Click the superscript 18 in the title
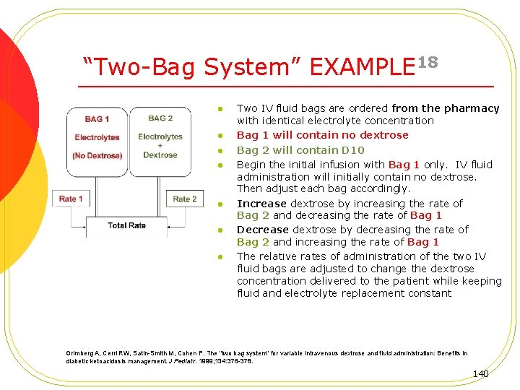tap(428, 61)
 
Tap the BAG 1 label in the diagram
tap(97, 119)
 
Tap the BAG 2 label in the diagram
tap(160, 118)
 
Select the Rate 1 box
tap(71, 199)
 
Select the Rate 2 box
tap(184, 199)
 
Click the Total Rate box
tap(126, 225)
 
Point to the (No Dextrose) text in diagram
tap(97, 155)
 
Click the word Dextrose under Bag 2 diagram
tap(160, 155)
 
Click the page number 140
tap(480, 373)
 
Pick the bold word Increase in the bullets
tap(261, 204)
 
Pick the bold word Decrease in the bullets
tap(263, 230)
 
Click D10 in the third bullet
tap(353, 150)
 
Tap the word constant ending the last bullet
tap(428, 293)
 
